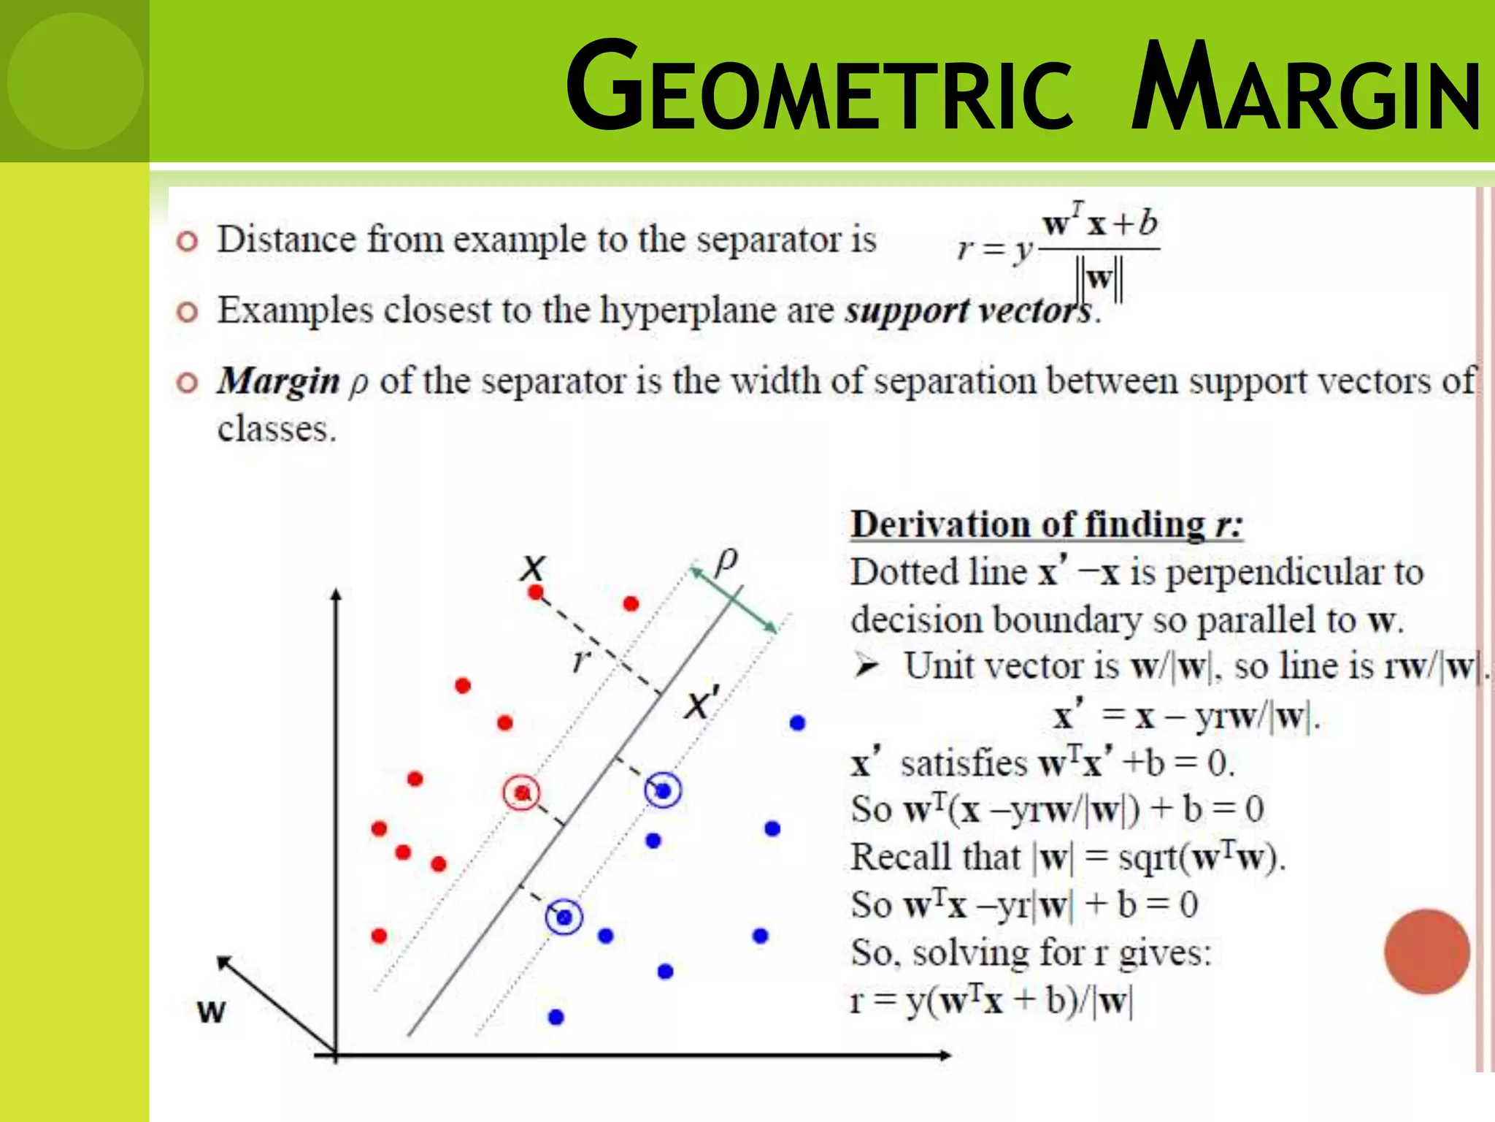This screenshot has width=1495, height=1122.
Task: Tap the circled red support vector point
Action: tap(521, 793)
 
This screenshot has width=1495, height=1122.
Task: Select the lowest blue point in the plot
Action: tap(556, 1017)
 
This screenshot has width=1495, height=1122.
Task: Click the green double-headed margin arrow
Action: tap(734, 600)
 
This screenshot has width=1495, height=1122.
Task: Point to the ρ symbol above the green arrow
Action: tap(726, 561)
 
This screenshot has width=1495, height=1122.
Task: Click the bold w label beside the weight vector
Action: tap(212, 1011)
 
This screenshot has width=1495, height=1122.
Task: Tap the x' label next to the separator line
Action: tap(702, 703)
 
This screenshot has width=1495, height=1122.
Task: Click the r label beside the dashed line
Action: tap(581, 660)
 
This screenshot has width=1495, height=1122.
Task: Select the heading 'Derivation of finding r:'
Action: tap(1046, 524)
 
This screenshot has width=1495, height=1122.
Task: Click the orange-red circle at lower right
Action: tap(1426, 951)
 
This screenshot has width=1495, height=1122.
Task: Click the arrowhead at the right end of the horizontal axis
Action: tap(945, 1055)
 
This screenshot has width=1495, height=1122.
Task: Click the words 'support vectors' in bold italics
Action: tap(969, 310)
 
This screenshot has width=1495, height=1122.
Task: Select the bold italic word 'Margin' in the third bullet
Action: tap(279, 381)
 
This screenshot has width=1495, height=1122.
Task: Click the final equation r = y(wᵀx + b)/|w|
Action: tap(991, 1001)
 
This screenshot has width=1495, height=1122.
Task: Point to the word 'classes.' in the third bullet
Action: tap(277, 429)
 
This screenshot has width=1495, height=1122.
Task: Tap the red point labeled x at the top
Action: tap(536, 592)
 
